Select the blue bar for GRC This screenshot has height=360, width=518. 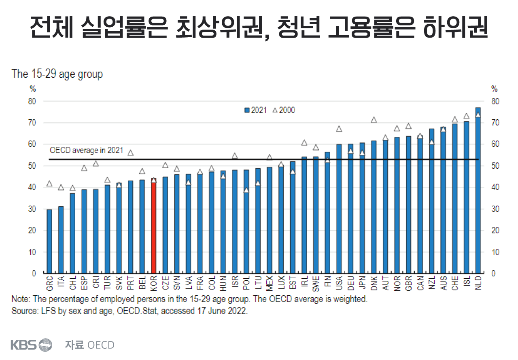[x=49, y=241]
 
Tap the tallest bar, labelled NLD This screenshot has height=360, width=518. [x=478, y=190]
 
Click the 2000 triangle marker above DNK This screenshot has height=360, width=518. [x=374, y=120]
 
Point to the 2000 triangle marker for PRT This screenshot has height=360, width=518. [x=130, y=152]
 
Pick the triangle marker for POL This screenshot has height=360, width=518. [x=246, y=190]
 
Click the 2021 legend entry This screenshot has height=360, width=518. [x=255, y=110]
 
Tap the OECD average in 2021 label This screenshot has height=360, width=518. [x=86, y=150]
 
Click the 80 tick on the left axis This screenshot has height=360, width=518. [x=32, y=101]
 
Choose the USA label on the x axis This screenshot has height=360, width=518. [x=339, y=282]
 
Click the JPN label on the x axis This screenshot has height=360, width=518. [x=362, y=282]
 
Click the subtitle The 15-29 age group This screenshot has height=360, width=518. [x=57, y=74]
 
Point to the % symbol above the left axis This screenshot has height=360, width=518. [x=33, y=89]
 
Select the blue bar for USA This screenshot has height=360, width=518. [x=339, y=208]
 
